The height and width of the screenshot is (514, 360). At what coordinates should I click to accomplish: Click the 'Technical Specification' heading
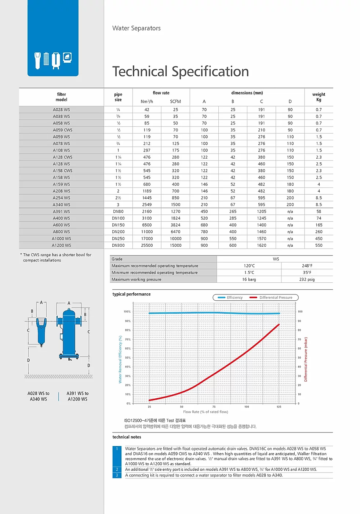(181, 72)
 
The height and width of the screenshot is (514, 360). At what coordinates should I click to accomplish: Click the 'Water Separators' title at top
(137, 28)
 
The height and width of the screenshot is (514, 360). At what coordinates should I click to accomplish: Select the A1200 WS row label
(61, 245)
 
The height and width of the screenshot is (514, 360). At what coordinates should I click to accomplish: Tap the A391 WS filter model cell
(61, 211)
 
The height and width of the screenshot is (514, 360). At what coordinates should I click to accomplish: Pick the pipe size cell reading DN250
(118, 239)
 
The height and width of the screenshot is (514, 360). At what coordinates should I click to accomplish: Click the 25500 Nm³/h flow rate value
(147, 245)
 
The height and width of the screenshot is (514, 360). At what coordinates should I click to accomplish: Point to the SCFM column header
(175, 101)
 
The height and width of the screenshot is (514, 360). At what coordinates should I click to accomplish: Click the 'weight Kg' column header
(319, 97)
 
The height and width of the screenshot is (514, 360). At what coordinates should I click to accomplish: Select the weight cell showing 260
(319, 232)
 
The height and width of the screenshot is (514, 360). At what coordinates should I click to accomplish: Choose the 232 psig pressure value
(307, 279)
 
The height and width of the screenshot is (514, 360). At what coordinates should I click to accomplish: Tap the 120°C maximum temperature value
(249, 266)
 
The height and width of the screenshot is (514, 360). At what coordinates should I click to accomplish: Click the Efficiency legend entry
(230, 297)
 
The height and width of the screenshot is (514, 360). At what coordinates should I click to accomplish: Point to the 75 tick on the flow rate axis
(214, 407)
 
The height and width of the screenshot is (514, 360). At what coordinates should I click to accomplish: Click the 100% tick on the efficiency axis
(127, 312)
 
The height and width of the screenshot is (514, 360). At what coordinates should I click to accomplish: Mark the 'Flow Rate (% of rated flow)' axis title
(206, 412)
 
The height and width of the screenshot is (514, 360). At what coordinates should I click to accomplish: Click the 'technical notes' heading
(127, 437)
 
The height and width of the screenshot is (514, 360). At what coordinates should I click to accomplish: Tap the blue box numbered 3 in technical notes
(117, 475)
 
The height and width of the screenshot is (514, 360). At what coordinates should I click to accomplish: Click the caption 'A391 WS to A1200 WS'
(77, 396)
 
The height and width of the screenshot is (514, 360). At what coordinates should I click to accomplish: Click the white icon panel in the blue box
(53, 59)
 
